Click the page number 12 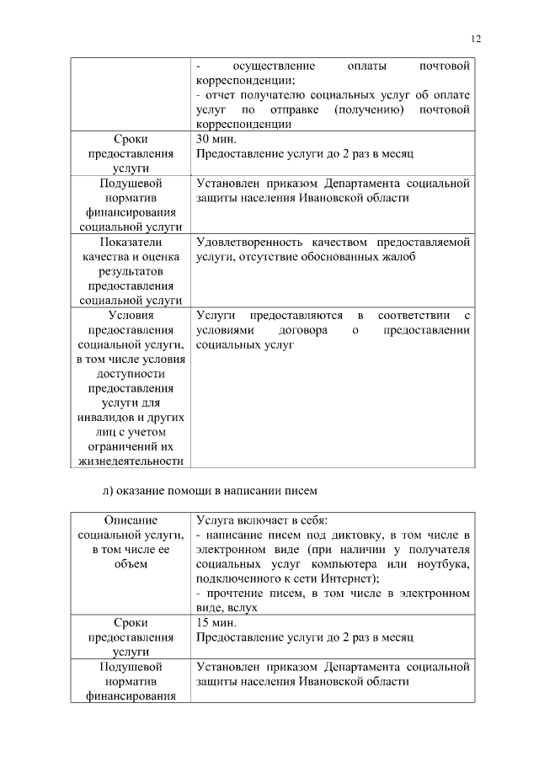475,39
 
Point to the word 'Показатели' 131,242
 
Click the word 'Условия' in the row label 131,315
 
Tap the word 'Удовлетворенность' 248,242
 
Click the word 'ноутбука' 439,563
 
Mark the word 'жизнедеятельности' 131,461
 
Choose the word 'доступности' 131,373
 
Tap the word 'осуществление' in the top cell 274,66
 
